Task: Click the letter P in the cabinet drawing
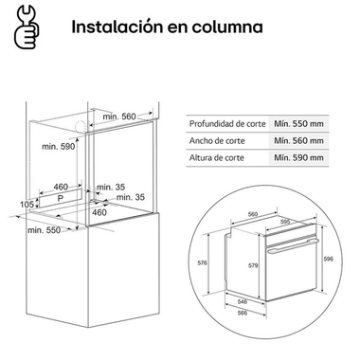[x=61, y=202]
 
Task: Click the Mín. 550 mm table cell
[x=299, y=122]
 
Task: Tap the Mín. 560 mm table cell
[x=299, y=140]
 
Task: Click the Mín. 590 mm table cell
[x=299, y=158]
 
